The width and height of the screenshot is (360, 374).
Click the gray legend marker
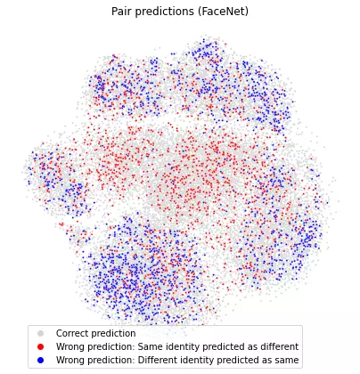(41, 333)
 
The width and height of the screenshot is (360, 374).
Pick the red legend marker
(41, 346)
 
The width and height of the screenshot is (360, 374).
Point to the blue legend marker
(41, 360)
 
